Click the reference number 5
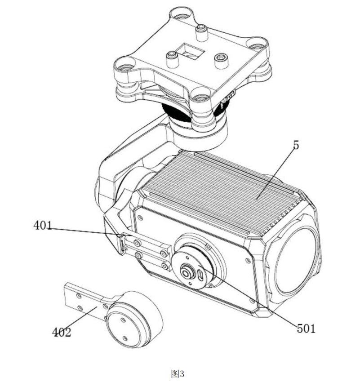[x=296, y=145]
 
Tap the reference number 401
[x=43, y=226]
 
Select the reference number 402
[x=62, y=332]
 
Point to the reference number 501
[x=306, y=329]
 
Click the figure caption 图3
[x=178, y=373]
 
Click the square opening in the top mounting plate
[x=190, y=52]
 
